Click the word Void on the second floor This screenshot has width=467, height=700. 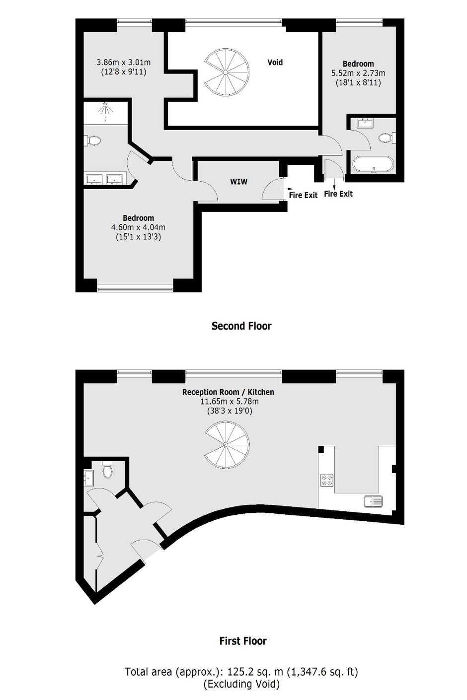[x=275, y=63]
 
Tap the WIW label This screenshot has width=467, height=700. [x=238, y=181]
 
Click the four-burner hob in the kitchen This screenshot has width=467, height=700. [x=326, y=480]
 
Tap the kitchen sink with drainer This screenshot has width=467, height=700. [x=374, y=501]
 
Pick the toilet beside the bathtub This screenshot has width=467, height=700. [x=386, y=138]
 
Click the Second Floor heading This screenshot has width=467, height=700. [x=241, y=326]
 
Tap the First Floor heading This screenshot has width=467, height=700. [x=243, y=641]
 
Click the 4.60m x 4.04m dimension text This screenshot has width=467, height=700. [x=139, y=227]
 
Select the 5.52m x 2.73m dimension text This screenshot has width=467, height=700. [x=358, y=73]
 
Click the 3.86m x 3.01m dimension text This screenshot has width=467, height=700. [x=124, y=63]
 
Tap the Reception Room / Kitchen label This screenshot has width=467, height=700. [x=228, y=392]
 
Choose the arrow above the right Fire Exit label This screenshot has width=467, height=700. [x=335, y=184]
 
